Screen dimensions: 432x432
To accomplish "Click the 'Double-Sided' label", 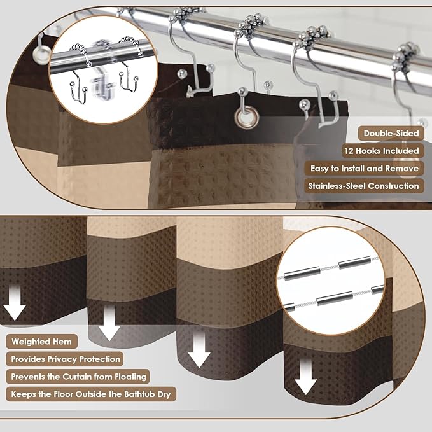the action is click(x=391, y=134).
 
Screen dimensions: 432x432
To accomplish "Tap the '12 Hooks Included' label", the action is click(x=383, y=151).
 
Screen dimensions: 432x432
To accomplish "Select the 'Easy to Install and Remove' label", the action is click(x=364, y=169).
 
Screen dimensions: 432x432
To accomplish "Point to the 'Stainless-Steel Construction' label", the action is click(x=364, y=186).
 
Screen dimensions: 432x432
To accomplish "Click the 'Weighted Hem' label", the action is click(x=41, y=342).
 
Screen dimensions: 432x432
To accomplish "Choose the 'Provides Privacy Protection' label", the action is click(x=64, y=359).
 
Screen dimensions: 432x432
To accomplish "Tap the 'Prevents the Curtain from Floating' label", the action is click(x=78, y=377).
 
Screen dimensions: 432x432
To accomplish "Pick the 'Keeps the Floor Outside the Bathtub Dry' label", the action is click(x=91, y=394).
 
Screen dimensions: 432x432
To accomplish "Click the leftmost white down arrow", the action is click(x=15, y=302).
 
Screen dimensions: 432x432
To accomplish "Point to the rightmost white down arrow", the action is click(x=306, y=377).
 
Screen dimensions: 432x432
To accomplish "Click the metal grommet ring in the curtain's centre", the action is click(x=247, y=118).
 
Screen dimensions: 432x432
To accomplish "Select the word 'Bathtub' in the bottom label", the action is click(x=139, y=394).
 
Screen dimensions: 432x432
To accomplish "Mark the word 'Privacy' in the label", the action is click(x=62, y=359).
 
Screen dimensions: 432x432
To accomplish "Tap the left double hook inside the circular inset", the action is click(x=78, y=76).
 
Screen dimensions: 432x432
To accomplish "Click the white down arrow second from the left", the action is click(x=109, y=323).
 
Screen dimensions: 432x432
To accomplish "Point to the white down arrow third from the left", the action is click(x=199, y=349).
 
